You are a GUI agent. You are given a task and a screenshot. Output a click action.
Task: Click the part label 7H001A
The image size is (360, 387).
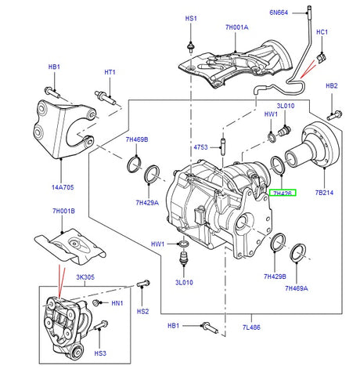(x=236, y=27)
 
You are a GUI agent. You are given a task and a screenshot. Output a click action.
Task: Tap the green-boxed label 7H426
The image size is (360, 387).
(x=283, y=193)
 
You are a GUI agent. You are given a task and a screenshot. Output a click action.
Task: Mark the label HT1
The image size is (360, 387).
(x=110, y=73)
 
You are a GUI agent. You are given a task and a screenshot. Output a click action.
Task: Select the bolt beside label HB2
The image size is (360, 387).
(x=333, y=109)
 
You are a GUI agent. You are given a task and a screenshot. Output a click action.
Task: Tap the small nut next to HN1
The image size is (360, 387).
(x=95, y=302)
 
